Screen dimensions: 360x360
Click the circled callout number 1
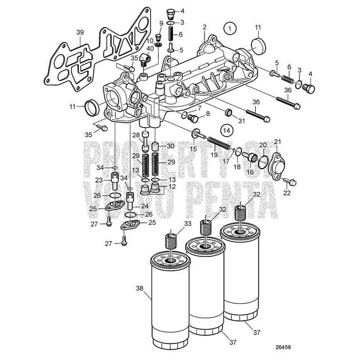pos(230,26)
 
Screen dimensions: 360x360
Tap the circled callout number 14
pos(225,130)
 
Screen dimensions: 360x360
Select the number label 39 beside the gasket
pos(80,33)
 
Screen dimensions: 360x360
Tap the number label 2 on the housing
pos(204,26)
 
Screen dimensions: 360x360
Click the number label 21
pos(277,142)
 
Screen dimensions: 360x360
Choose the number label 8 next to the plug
pos(207,114)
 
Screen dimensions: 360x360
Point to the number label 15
pos(194,149)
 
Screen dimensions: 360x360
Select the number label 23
pos(100,180)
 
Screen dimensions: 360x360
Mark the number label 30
pos(170,146)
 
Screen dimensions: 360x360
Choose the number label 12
pos(172,186)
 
